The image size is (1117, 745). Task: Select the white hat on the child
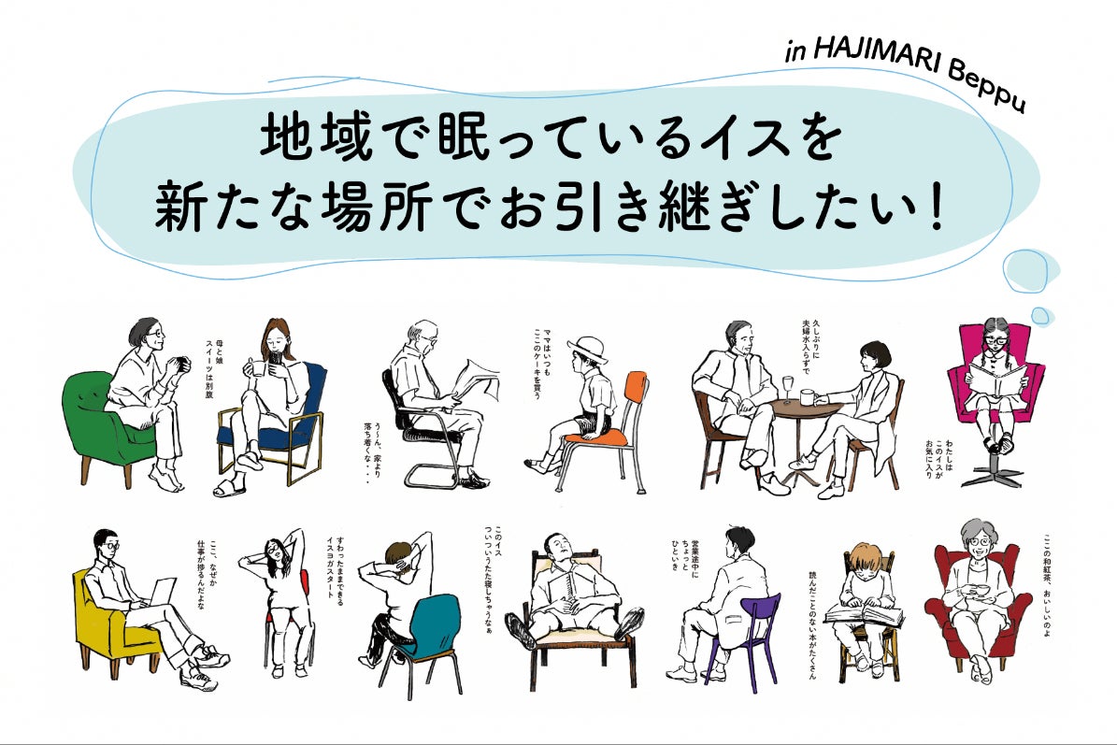click(586, 349)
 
